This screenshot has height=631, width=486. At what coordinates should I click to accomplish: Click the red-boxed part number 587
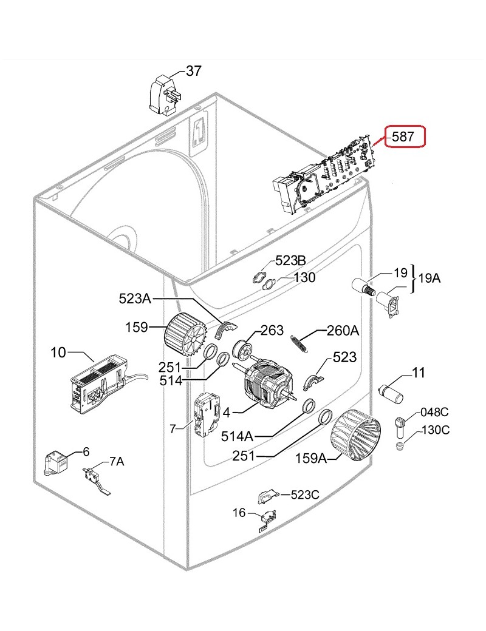(403, 137)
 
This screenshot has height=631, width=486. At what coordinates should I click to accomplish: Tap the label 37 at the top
(193, 71)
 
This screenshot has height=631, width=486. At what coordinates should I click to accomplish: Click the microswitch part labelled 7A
(97, 479)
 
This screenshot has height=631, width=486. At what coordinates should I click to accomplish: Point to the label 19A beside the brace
(430, 278)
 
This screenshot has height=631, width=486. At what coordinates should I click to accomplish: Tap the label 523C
(305, 494)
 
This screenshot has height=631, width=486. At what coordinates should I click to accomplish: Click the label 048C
(434, 412)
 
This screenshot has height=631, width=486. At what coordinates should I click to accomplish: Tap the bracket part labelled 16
(266, 518)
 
